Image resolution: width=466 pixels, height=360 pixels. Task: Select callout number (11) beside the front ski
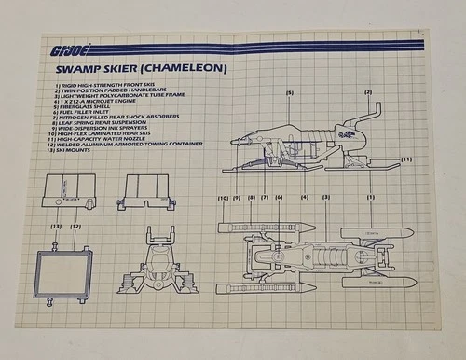pos(406,159)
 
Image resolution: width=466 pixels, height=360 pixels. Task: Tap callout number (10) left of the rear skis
pos(223,198)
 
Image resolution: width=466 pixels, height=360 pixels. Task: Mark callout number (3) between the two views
pos(326,198)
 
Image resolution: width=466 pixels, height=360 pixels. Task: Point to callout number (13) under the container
pos(56,226)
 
